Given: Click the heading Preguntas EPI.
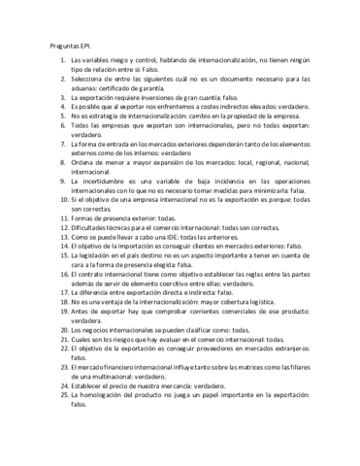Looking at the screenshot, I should [x=70, y=46].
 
